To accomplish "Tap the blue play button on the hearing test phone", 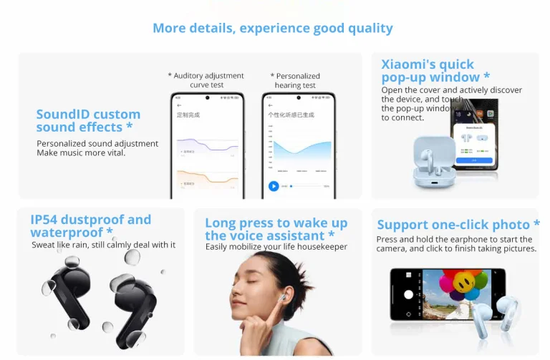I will pyautogui.click(x=274, y=186).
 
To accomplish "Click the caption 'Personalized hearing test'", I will pyautogui.click(x=294, y=80).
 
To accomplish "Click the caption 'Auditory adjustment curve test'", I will pyautogui.click(x=207, y=80).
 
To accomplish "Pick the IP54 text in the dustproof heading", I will pyautogui.click(x=47, y=220).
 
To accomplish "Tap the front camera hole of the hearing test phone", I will pyautogui.click(x=297, y=97).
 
